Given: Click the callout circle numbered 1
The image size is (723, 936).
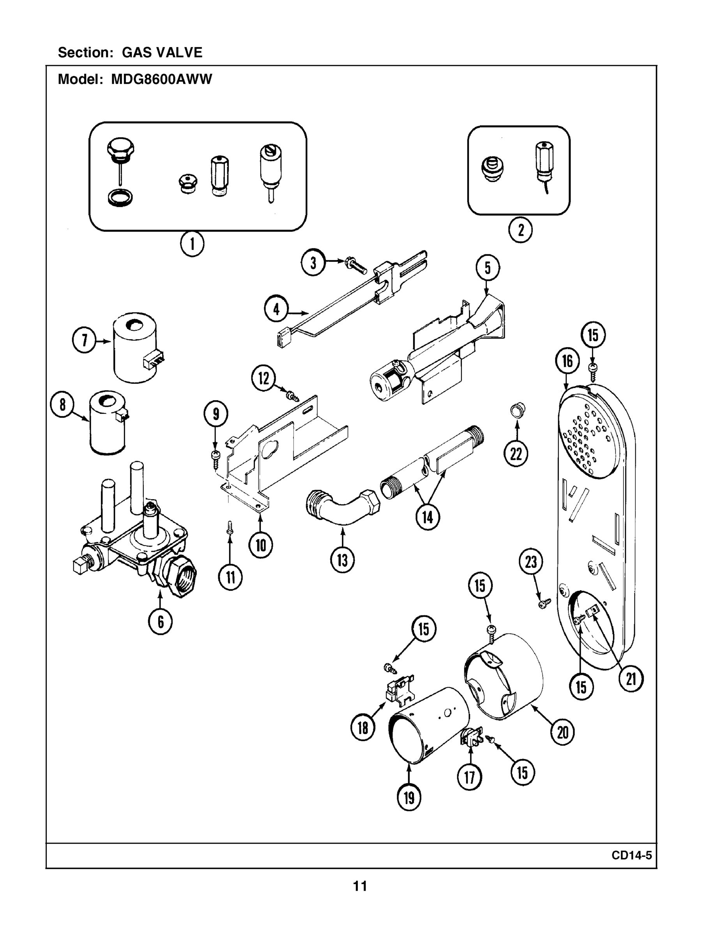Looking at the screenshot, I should coord(191,244).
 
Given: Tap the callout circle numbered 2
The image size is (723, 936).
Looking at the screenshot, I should coord(520,230).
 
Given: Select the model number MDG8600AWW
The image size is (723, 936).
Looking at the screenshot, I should coord(161,79).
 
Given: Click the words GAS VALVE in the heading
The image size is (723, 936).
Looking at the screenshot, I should coord(162,52).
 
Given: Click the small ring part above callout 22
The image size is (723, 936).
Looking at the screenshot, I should coord(518,410).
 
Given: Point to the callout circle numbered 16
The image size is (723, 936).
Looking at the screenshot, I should coord(567,361).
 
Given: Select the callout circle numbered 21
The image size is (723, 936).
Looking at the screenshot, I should coord(631,679).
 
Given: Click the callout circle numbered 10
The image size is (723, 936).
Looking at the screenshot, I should coord(260,545).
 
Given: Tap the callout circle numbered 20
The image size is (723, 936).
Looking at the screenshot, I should coord(562,732).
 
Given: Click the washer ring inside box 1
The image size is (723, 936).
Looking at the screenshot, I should coord(120,198).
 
